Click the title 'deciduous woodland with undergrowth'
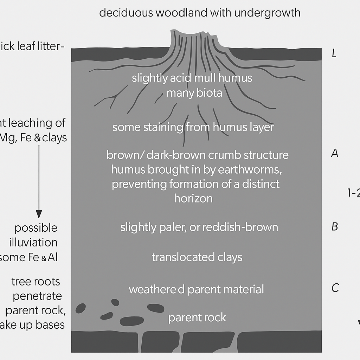click(200, 13)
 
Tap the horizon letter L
click(334, 54)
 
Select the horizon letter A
click(335, 153)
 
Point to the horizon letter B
click(335, 227)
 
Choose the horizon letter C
click(335, 288)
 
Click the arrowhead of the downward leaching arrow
click(39, 214)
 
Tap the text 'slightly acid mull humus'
click(192, 78)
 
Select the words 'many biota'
click(194, 93)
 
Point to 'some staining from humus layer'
click(193, 127)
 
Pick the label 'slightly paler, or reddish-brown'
click(199, 227)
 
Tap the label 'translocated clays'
click(197, 257)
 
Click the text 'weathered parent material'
click(196, 290)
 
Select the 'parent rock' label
click(197, 318)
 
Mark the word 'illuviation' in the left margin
click(36, 243)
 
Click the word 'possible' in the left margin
click(36, 228)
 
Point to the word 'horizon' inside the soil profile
click(193, 199)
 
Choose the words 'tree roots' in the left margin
click(36, 282)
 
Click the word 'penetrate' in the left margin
click(37, 296)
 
